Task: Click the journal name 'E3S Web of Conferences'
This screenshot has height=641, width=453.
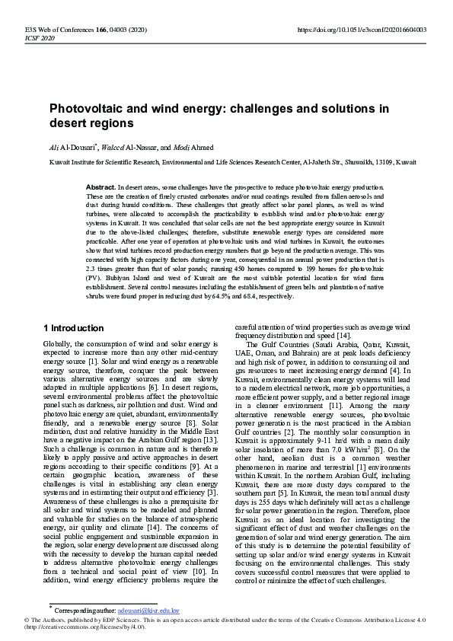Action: click(54, 30)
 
